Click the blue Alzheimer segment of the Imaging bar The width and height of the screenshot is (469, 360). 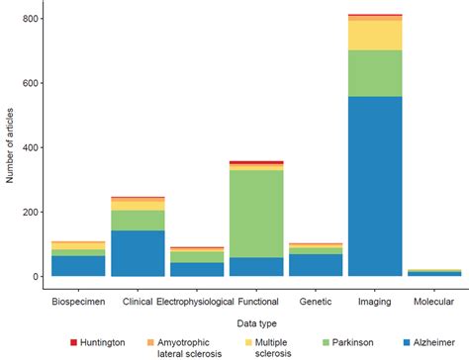pos(375,186)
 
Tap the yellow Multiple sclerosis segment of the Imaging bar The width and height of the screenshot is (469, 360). pos(375,35)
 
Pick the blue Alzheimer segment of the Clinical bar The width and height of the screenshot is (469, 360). pos(137,253)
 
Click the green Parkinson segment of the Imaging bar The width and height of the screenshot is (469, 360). pos(375,73)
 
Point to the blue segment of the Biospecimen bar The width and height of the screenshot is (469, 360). pos(77,265)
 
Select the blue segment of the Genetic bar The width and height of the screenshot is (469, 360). pos(315,264)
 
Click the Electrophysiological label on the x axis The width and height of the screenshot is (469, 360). pos(196,299)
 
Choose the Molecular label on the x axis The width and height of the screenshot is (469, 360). pos(433,299)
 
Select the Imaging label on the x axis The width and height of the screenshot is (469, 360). pos(375,299)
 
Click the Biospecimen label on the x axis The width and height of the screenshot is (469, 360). pos(77,299)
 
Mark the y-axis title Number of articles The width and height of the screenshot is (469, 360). pos(10,148)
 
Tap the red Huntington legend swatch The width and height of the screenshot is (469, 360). pos(73,342)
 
